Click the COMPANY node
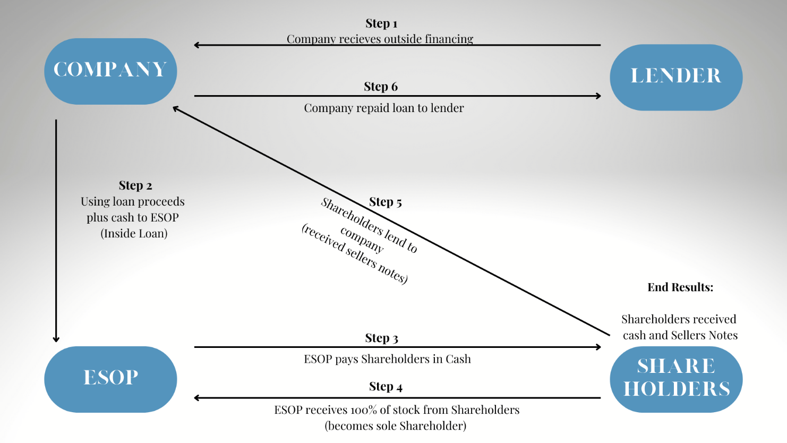(x=110, y=71)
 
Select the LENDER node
(x=676, y=77)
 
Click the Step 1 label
(x=381, y=23)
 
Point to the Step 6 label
(x=381, y=87)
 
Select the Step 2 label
(x=135, y=185)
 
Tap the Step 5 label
(x=386, y=202)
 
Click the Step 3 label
(x=381, y=338)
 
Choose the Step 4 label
(x=386, y=387)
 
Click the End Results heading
(x=680, y=287)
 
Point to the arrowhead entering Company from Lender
(x=196, y=45)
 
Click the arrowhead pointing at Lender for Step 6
(x=598, y=96)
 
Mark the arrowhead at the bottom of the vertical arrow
(x=56, y=339)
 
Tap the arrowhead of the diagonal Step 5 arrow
(x=176, y=109)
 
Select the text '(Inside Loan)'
(x=134, y=233)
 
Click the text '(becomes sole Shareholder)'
(x=396, y=425)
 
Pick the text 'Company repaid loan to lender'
(x=384, y=108)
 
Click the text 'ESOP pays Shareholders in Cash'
(x=387, y=359)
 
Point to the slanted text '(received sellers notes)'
(x=354, y=254)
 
